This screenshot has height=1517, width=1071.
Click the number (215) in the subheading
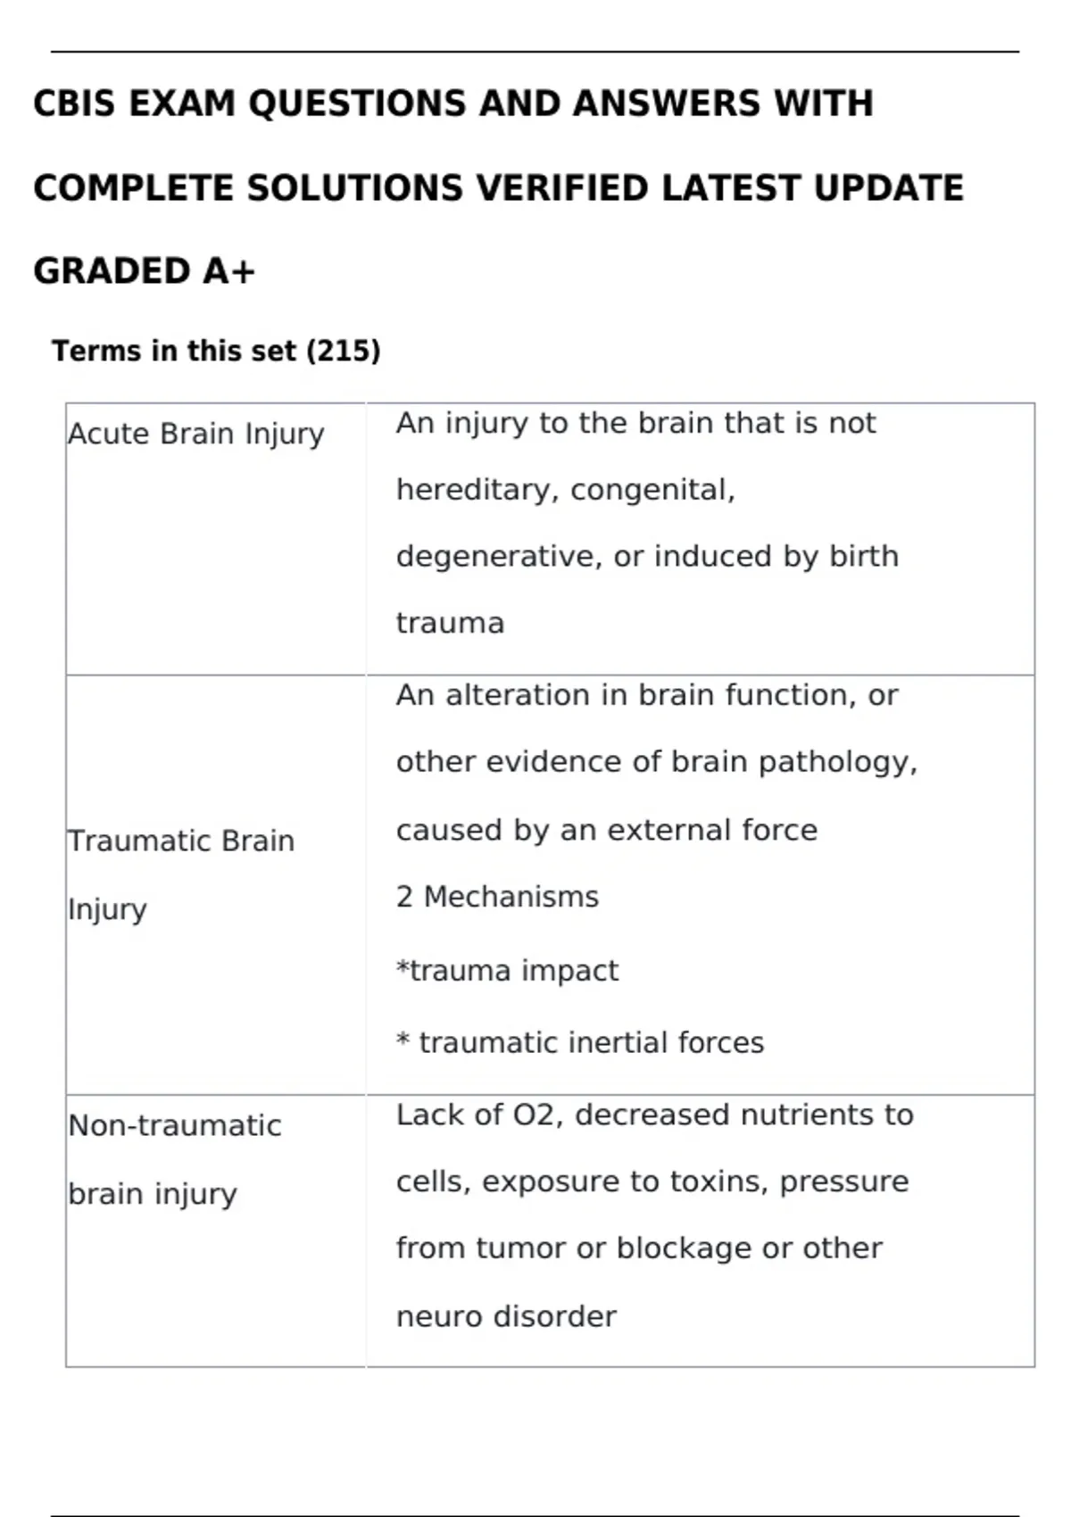click(344, 351)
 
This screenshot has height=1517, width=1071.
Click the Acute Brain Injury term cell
click(196, 434)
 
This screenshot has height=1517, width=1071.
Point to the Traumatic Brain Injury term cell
click(181, 875)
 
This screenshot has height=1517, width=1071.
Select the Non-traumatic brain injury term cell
click(175, 1159)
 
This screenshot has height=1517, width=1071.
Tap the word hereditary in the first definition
click(477, 490)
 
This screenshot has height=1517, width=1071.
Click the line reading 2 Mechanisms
click(497, 897)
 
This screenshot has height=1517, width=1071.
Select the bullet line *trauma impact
click(507, 971)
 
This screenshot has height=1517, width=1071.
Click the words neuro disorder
click(506, 1317)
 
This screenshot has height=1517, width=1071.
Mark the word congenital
click(652, 490)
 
